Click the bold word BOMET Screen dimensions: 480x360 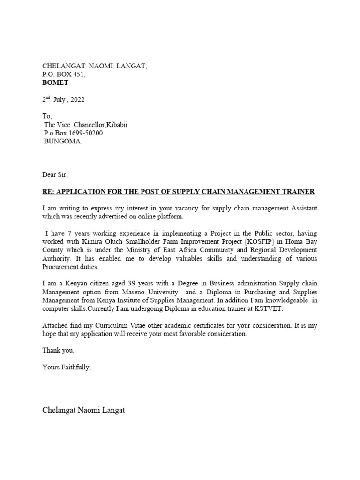[x=55, y=82]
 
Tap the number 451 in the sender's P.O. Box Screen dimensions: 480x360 [x=78, y=75]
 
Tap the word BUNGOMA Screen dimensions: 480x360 [x=62, y=142]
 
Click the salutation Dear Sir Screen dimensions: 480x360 [x=54, y=175]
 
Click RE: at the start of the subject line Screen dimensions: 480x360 [x=48, y=192]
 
